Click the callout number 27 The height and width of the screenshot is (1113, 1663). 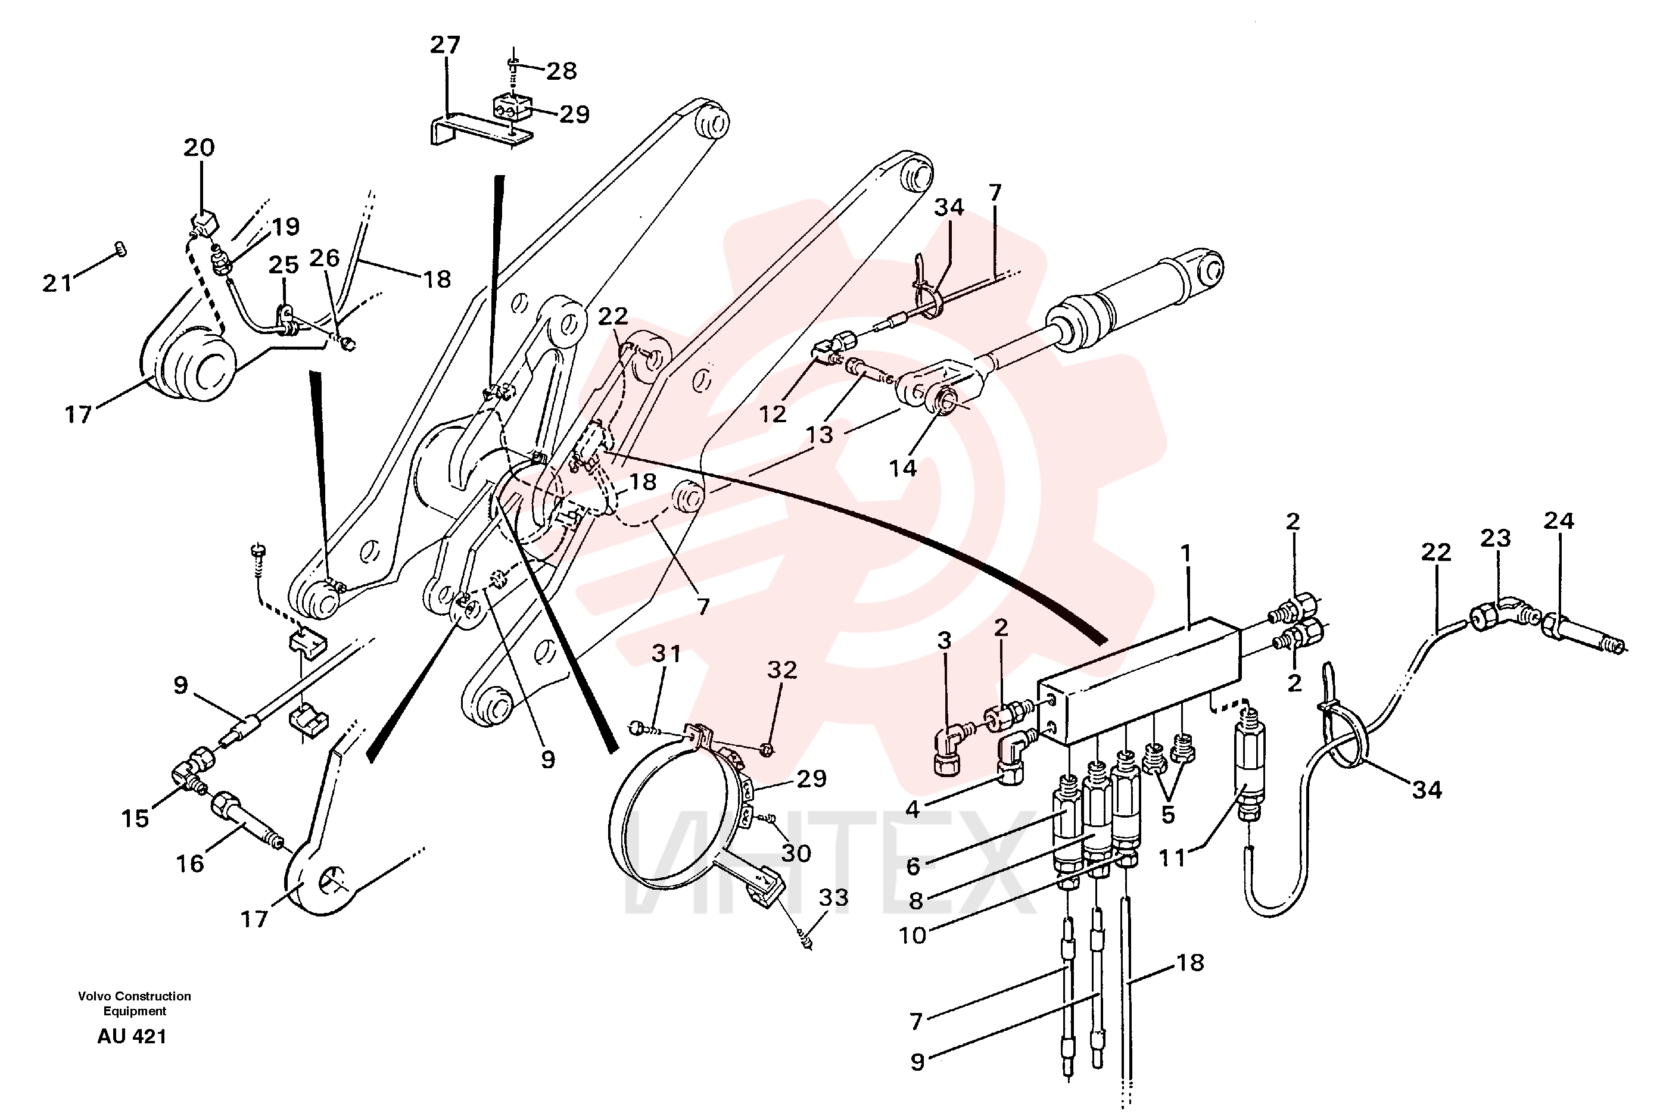(445, 45)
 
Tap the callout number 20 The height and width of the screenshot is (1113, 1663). (199, 148)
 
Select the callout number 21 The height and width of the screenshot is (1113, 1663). (58, 283)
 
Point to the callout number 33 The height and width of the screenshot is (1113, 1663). (833, 897)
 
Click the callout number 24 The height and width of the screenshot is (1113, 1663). (1559, 520)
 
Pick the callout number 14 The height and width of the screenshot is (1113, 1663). (903, 468)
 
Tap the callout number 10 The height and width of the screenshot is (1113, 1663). (913, 935)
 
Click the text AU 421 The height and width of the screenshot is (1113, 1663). (132, 1036)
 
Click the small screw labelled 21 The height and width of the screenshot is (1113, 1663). (121, 249)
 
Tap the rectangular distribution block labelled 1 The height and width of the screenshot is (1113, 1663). (1140, 680)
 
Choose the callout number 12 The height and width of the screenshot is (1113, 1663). (773, 414)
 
